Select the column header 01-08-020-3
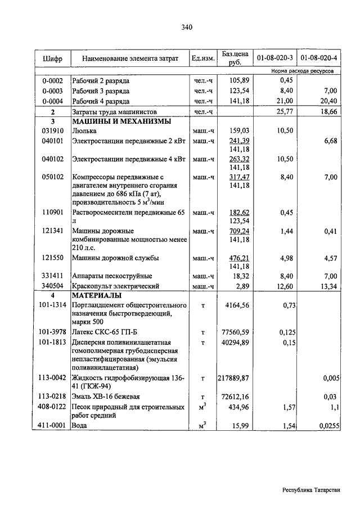[x=274, y=58]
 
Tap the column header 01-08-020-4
[x=318, y=58]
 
